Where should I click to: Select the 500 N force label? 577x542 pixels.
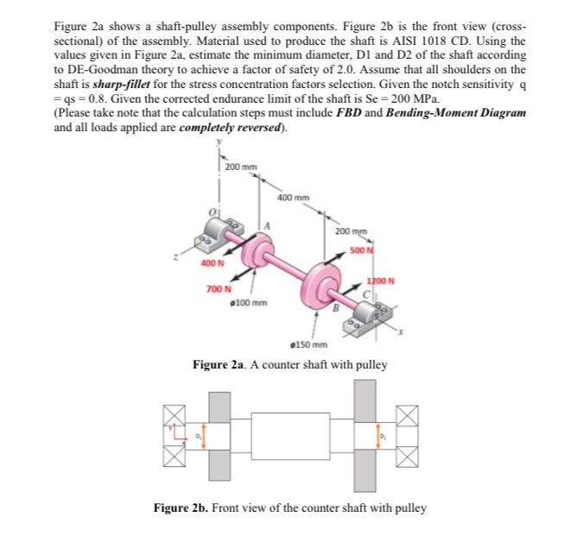point(360,249)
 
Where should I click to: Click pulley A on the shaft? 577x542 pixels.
point(258,250)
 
